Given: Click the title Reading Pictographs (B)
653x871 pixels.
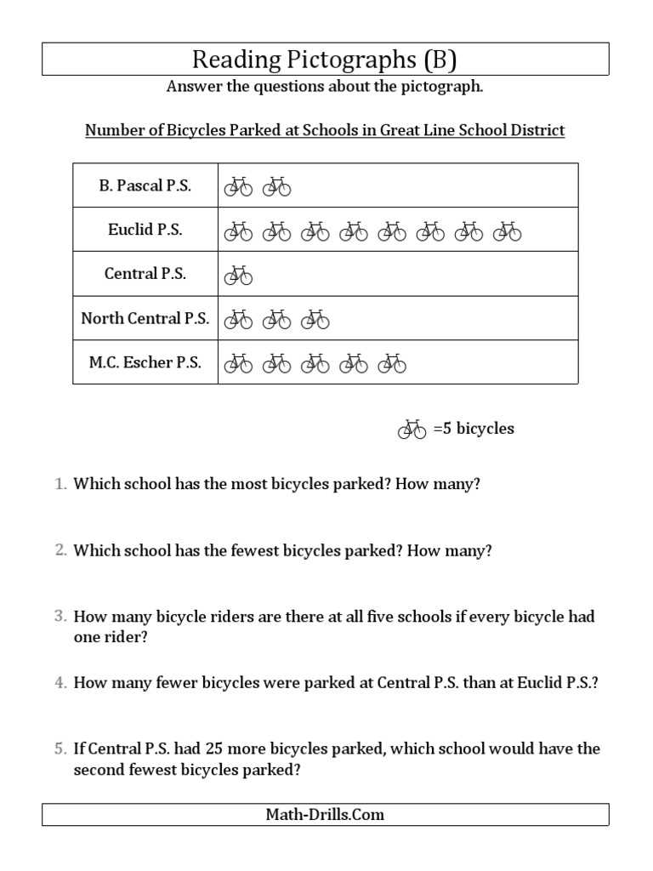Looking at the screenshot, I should (325, 60).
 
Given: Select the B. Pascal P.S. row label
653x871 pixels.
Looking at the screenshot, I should (145, 185).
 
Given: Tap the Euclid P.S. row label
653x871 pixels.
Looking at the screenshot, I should (145, 230).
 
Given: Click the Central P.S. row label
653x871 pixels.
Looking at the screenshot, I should (145, 274).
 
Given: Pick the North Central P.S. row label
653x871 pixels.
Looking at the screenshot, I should (145, 318).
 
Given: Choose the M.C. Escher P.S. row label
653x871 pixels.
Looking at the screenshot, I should (145, 362).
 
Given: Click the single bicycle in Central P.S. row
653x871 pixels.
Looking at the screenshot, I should (238, 275).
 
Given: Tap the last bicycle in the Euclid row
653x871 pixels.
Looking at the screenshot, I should (507, 231).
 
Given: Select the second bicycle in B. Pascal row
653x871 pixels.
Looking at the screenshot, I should (276, 186).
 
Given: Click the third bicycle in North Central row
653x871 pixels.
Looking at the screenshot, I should (315, 319).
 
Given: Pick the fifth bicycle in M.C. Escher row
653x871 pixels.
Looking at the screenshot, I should (392, 363).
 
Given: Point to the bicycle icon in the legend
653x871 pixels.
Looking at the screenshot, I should (412, 429).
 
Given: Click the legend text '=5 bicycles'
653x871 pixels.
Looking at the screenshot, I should (474, 429).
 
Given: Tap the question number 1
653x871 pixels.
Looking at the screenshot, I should (60, 484).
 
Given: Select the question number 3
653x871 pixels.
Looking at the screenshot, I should (60, 617).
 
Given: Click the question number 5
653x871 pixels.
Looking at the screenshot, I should (60, 749).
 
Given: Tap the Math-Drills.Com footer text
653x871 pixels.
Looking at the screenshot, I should (325, 815).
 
